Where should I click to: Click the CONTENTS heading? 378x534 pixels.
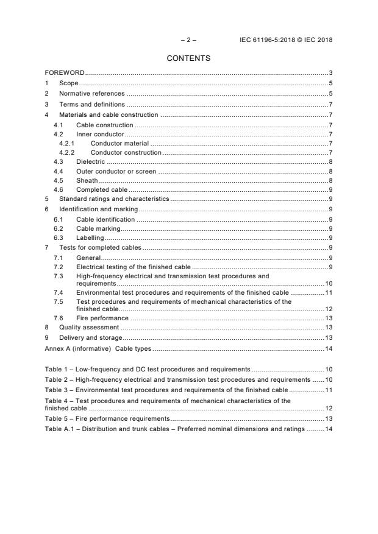coord(188,58)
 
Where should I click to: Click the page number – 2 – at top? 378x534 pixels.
coord(188,40)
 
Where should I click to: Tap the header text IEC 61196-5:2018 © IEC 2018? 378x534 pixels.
coord(287,40)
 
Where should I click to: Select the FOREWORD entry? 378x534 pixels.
coord(65,73)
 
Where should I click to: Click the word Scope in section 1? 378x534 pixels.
coord(69,83)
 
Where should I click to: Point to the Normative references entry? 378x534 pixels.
coord(91,94)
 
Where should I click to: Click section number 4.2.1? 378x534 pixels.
coord(66,143)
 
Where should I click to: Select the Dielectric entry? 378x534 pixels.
coord(90,161)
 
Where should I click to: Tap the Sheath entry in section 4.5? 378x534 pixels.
coord(87,180)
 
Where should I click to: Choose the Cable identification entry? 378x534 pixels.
coord(105,219)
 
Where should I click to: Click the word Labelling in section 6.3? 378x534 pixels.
coord(90,237)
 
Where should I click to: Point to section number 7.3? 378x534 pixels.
coord(59,276)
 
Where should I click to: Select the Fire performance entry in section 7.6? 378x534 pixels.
coord(102,318)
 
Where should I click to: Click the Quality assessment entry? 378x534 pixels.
coord(88,328)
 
